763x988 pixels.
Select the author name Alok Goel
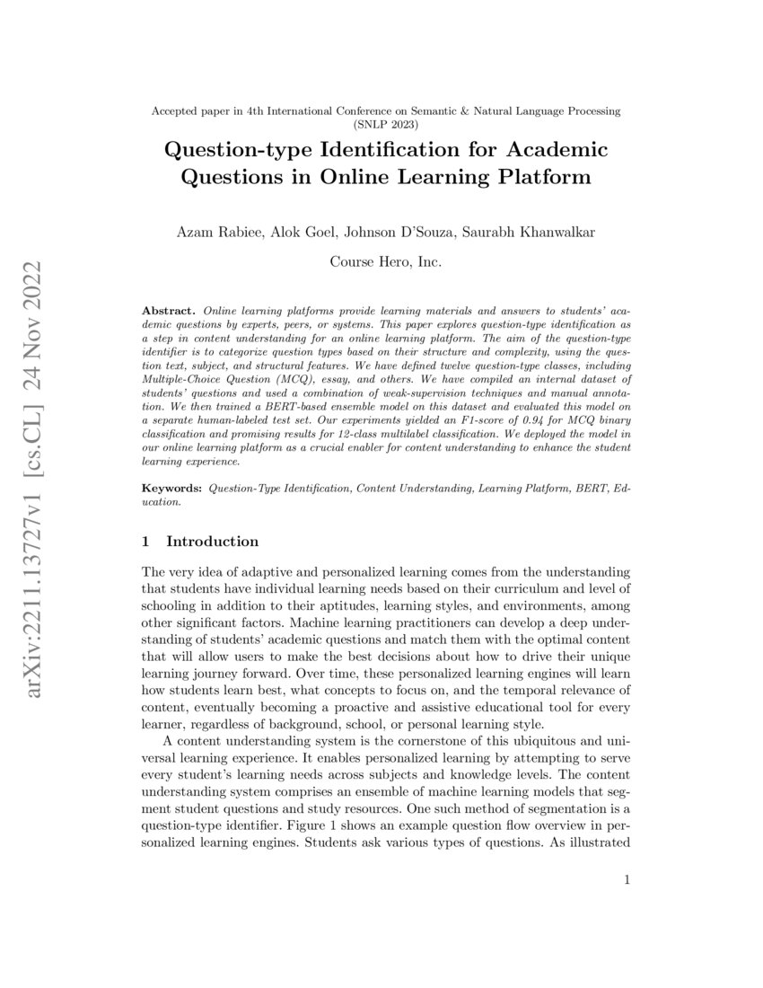[298, 234]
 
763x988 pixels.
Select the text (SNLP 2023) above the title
[386, 124]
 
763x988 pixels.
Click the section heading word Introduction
[213, 542]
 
